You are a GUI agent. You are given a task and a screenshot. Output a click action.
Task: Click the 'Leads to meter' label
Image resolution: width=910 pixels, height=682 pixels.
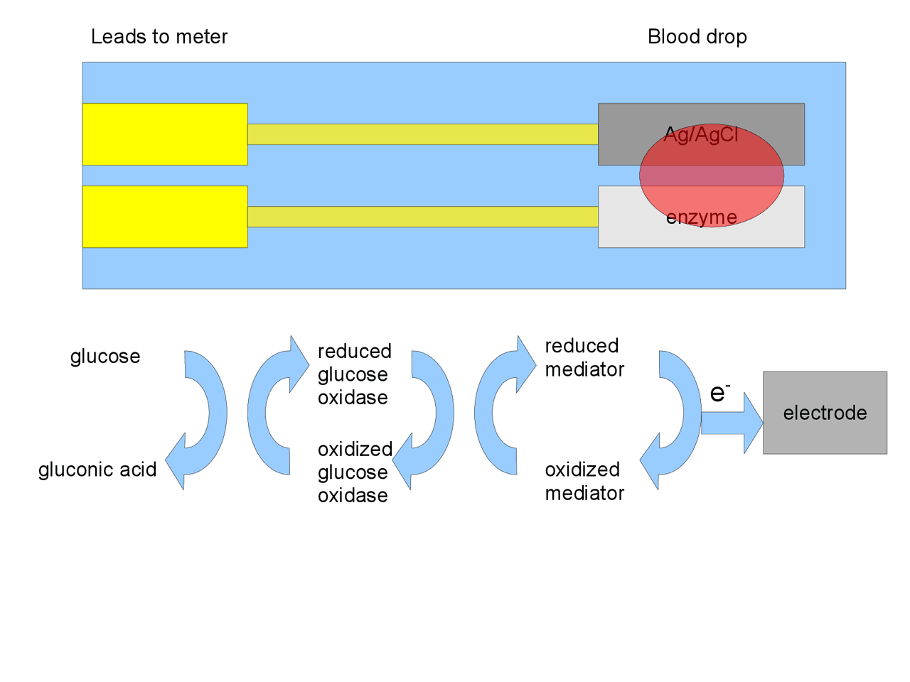159,37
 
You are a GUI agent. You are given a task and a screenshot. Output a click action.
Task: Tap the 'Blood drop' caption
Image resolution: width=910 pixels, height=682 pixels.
697,37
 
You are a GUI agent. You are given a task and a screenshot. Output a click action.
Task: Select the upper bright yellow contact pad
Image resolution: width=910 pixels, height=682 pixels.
165,134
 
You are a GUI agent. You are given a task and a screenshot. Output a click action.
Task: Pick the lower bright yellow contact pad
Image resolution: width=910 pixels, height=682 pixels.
165,217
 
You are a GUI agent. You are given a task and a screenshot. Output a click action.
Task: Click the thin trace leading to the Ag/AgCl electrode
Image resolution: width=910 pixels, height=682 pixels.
422,134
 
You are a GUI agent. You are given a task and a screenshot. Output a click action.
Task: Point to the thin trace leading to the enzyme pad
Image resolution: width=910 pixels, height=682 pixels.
422,217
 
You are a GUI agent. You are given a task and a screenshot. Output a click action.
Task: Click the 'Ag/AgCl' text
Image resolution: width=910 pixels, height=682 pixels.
701,134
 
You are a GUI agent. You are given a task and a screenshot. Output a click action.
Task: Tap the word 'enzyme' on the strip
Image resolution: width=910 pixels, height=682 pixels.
701,217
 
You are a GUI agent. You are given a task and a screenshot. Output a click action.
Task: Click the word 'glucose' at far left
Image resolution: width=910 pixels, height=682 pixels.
105,357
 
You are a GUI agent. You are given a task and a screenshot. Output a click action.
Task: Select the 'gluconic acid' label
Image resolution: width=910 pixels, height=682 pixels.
97,470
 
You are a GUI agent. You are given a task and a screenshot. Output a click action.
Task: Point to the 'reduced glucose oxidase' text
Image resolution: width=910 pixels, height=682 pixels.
354,374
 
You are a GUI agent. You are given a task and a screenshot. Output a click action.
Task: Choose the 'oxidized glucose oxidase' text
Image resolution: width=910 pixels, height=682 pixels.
354,472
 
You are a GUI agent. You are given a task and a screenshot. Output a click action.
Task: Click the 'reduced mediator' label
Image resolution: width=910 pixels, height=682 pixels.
584,357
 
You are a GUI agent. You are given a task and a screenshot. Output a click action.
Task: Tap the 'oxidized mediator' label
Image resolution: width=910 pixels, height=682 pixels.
584,481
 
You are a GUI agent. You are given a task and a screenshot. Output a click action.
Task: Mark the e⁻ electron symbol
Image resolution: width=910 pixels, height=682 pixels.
719,392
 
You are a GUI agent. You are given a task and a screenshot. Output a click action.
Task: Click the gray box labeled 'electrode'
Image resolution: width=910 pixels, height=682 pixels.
825,413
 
